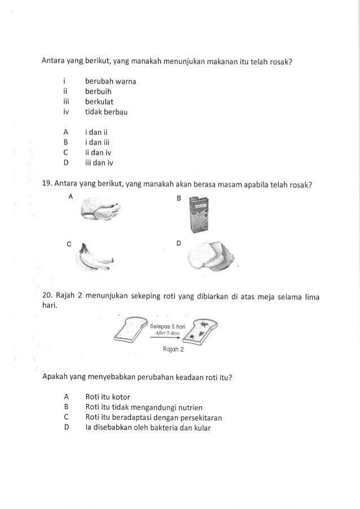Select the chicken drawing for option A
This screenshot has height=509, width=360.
click(x=101, y=213)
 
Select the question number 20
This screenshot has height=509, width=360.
click(x=47, y=297)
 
